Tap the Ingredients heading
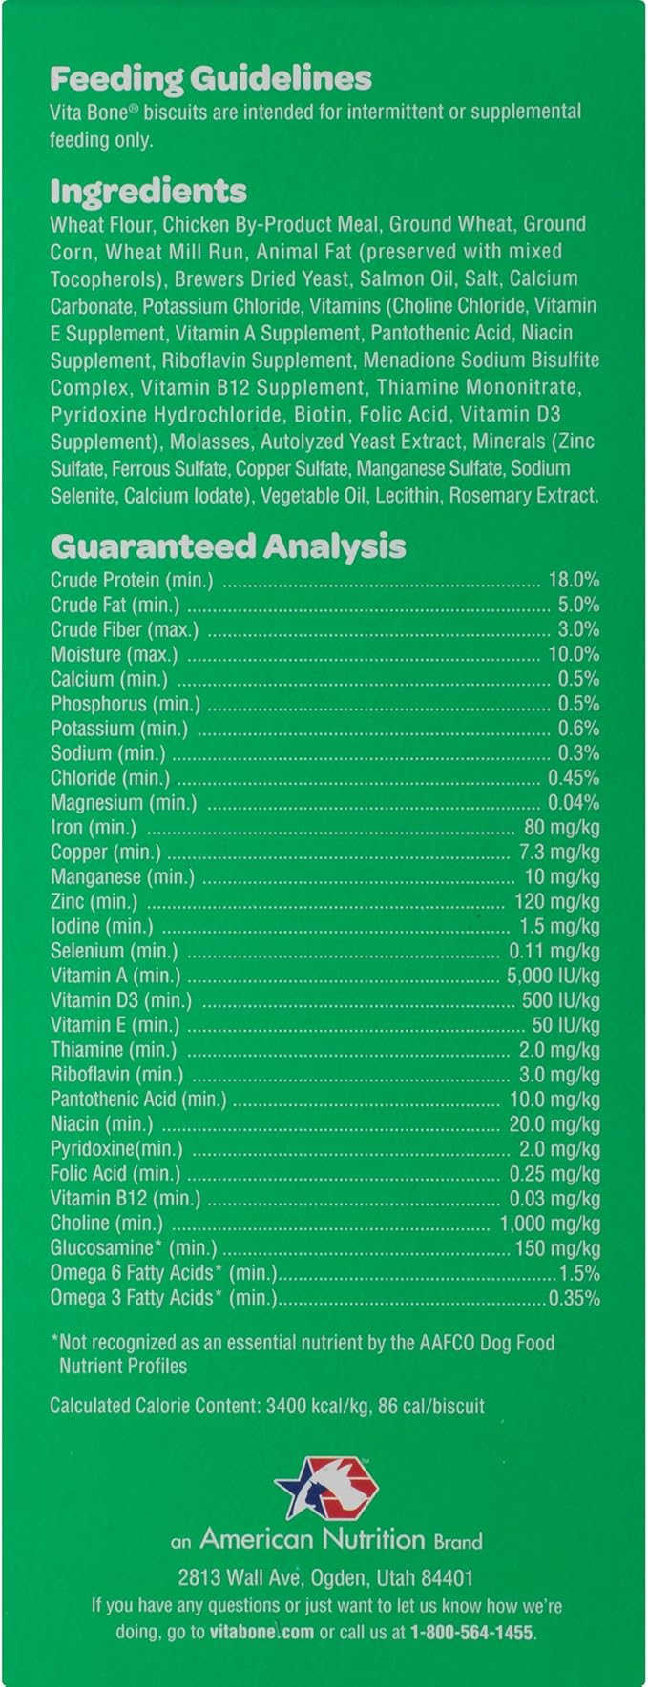(148, 191)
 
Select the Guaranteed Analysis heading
(227, 546)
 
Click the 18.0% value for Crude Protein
(574, 579)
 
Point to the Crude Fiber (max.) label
(124, 629)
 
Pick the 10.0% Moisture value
(574, 654)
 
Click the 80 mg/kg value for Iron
(562, 828)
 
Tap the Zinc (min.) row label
(94, 901)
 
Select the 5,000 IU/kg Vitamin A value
(554, 976)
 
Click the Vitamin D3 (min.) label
(120, 1000)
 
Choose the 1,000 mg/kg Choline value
(550, 1224)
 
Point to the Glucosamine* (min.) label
(134, 1248)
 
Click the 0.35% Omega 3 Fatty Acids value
(575, 1298)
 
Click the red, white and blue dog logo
(326, 1487)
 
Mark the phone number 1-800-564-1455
(471, 1632)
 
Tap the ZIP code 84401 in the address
(442, 1577)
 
